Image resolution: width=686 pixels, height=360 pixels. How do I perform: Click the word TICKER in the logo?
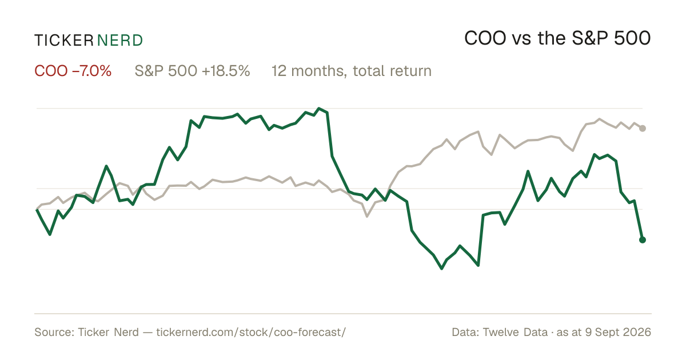point(64,41)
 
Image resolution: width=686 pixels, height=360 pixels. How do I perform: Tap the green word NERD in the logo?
point(120,41)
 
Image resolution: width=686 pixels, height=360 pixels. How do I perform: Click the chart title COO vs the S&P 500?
point(557,38)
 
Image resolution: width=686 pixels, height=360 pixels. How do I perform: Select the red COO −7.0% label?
point(73,71)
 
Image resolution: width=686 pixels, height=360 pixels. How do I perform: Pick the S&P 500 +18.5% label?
point(192,71)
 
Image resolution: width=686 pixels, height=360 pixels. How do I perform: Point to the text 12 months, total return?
point(352,71)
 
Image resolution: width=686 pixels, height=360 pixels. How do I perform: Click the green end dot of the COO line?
point(643,240)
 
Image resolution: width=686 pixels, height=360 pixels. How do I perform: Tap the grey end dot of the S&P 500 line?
point(643,129)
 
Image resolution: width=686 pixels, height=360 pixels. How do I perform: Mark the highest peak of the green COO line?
point(319,109)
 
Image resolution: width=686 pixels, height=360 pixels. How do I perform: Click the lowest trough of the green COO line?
point(441,269)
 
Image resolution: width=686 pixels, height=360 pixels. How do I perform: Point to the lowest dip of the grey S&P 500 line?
point(367,217)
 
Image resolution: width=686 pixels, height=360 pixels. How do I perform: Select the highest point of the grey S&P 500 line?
point(599,119)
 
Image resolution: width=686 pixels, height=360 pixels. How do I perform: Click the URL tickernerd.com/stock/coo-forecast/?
point(251,332)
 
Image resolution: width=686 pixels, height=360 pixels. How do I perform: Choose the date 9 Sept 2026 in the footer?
point(618,332)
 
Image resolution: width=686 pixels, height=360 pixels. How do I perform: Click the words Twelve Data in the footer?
point(515,332)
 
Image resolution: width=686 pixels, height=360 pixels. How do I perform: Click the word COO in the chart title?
point(485,38)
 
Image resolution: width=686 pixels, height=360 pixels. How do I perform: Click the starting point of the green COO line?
point(37,210)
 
